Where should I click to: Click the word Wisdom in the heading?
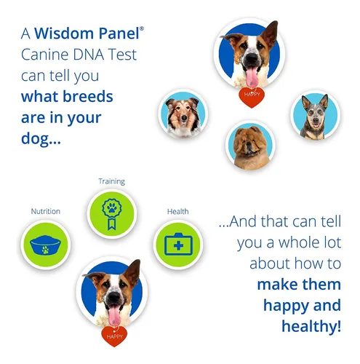64,33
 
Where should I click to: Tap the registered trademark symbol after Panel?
142,29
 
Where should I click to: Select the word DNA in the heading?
88,55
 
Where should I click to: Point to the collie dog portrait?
183,114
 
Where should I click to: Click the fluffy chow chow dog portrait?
250,146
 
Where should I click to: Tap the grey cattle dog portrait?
315,115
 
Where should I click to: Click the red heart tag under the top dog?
252,98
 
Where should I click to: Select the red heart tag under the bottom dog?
114,336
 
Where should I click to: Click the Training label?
111,181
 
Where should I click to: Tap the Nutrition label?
46,211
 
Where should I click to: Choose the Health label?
177,211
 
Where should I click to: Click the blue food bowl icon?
45,245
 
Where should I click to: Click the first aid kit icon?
178,244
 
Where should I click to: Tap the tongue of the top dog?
252,76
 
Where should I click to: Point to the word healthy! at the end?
311,326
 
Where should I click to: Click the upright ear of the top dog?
271,33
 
